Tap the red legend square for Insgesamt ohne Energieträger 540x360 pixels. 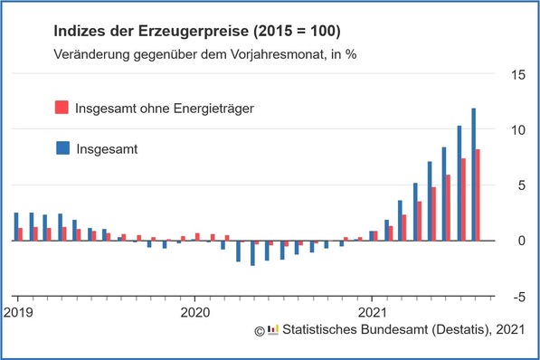61,109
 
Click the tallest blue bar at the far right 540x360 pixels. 474,175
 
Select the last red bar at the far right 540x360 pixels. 478,195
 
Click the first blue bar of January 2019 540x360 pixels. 15,227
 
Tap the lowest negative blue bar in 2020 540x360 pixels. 252,253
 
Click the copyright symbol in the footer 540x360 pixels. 259,330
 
